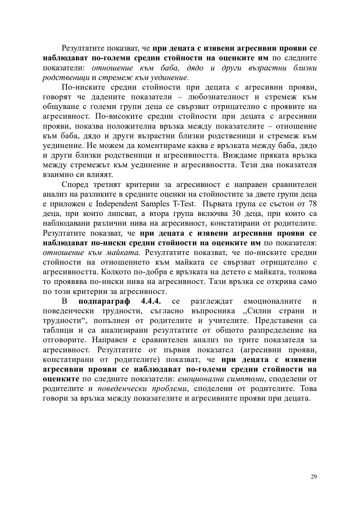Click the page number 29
313,477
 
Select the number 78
312,204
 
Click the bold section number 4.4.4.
151,301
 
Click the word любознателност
218,97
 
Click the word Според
75,184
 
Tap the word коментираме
171,146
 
